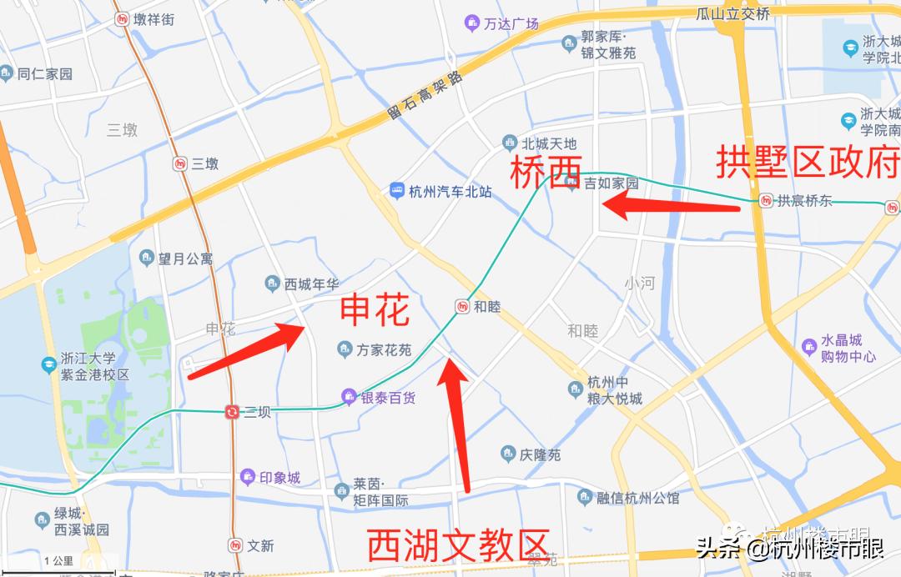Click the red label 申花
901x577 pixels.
click(375, 312)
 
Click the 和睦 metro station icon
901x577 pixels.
click(462, 307)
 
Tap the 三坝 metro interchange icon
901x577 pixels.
click(232, 411)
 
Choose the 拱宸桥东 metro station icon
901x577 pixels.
click(766, 200)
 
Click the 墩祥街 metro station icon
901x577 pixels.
click(123, 19)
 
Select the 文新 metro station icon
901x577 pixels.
click(236, 545)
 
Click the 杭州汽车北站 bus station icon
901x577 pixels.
click(397, 191)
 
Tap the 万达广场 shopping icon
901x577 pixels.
click(472, 23)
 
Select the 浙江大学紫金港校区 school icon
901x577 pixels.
click(49, 365)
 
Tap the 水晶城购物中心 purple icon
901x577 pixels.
click(808, 345)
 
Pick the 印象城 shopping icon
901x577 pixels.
click(247, 478)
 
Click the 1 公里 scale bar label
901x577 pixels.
click(58, 561)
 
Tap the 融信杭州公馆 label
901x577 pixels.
click(637, 498)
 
